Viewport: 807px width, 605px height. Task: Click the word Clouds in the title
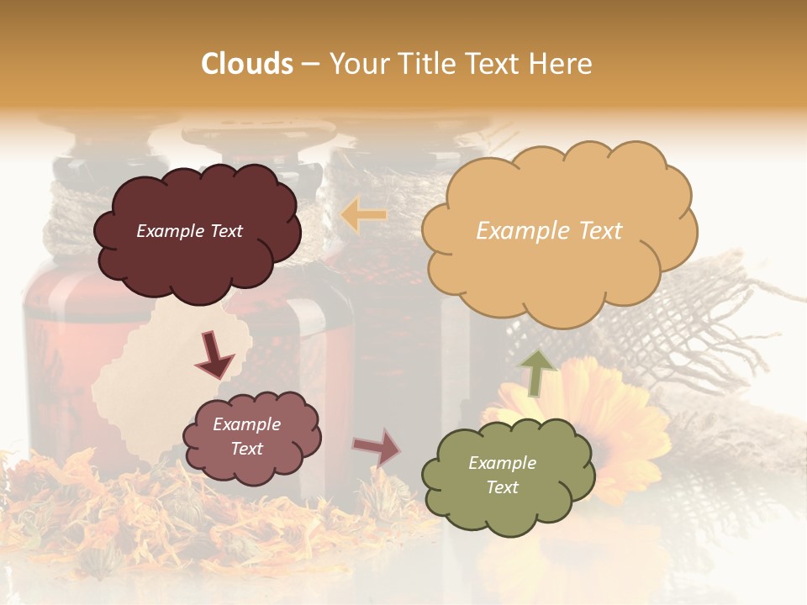(247, 64)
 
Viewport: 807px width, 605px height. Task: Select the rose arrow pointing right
(377, 448)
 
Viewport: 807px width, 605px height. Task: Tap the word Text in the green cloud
(502, 487)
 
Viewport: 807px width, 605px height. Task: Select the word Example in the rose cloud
(246, 424)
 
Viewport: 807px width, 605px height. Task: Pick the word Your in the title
(356, 64)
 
